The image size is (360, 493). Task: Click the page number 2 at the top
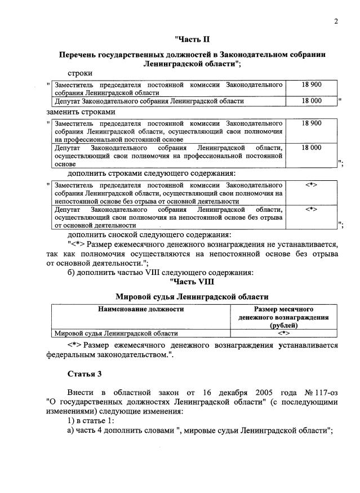(x=336, y=22)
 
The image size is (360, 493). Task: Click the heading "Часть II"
(x=192, y=39)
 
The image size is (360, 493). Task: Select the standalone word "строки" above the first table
(x=80, y=73)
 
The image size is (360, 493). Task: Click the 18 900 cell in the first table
(x=312, y=84)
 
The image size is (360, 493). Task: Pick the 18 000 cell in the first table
(x=312, y=101)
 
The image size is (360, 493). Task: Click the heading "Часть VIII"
(x=192, y=282)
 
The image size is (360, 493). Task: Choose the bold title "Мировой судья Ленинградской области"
(x=192, y=296)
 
